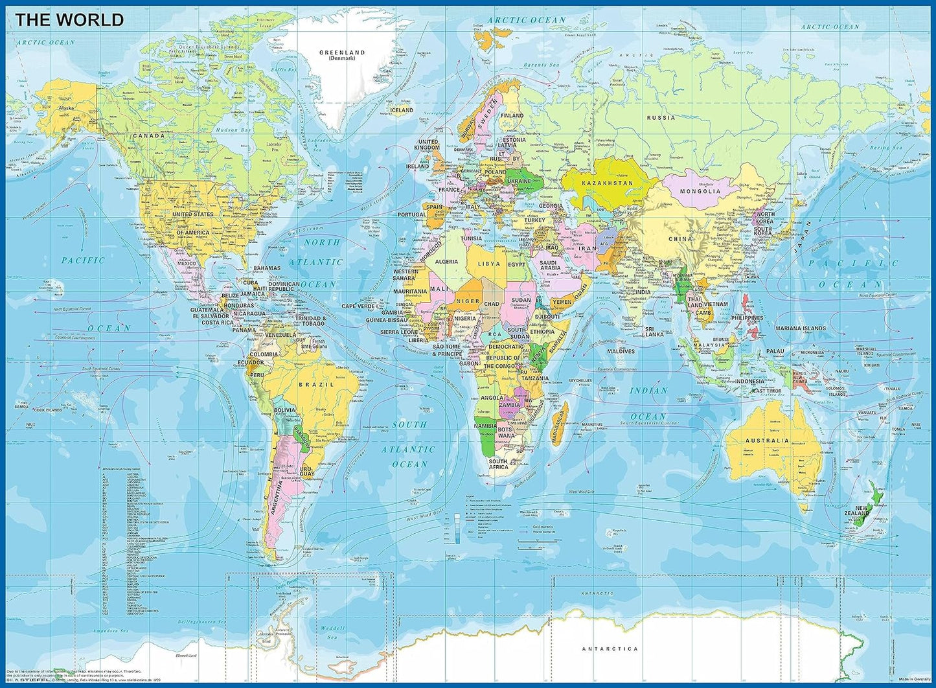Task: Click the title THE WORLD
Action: tap(69, 20)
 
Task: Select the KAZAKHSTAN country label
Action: tap(606, 183)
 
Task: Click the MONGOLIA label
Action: tap(700, 191)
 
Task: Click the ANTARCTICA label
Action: tap(610, 648)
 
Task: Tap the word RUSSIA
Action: tap(661, 118)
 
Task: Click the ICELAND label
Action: tap(401, 110)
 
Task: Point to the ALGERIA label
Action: tap(446, 262)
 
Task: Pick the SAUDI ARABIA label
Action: tap(550, 264)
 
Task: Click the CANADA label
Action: tap(149, 136)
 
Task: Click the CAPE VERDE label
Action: tap(358, 306)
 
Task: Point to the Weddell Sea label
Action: tap(334, 632)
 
